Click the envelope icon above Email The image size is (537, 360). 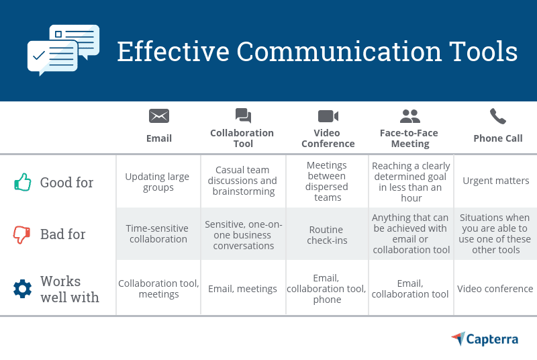159,116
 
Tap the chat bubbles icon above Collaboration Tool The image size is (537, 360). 243,116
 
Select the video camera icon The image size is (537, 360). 328,116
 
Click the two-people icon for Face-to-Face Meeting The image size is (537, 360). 409,116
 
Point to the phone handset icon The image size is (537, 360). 497,116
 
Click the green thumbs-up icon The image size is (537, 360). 23,182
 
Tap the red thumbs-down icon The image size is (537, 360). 23,234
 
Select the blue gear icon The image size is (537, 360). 23,289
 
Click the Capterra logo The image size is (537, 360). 485,339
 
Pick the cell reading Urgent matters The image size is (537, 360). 496,181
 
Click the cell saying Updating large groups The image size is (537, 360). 158,182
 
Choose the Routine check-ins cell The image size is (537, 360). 328,234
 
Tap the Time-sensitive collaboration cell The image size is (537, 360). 158,234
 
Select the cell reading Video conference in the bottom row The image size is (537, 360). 495,289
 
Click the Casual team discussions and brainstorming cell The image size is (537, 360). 242,181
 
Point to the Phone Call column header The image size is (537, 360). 497,138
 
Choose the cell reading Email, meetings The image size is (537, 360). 242,289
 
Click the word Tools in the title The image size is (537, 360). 481,52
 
